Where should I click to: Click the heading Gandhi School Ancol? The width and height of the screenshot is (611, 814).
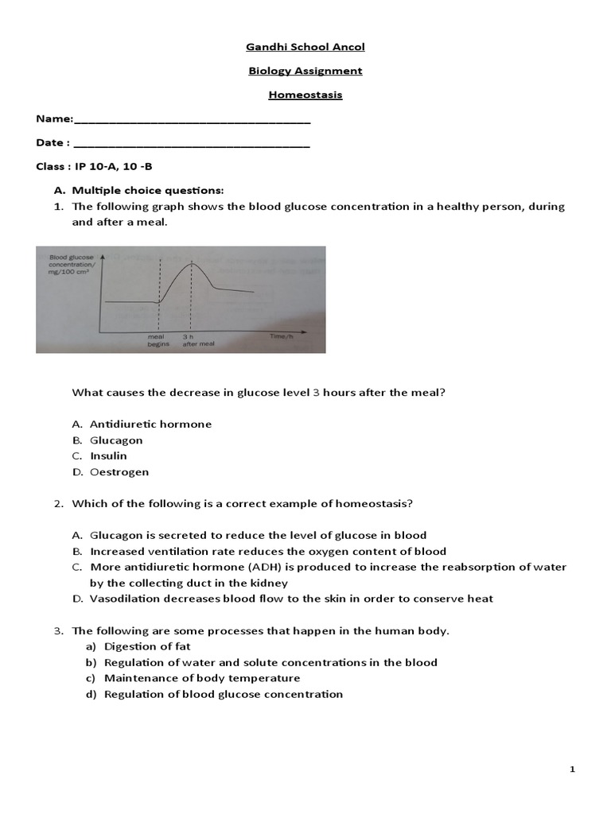[x=305, y=47]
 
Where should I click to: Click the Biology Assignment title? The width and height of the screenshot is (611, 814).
[x=305, y=71]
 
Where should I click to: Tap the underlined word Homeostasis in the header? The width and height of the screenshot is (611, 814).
[x=305, y=95]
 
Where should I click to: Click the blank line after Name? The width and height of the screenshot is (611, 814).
[x=191, y=120]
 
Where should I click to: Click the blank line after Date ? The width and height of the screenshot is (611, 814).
[x=191, y=144]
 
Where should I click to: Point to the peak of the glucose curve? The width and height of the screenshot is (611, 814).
[x=190, y=263]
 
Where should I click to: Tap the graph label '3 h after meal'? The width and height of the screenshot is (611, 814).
[x=194, y=340]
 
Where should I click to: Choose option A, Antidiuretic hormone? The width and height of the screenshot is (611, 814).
[x=150, y=424]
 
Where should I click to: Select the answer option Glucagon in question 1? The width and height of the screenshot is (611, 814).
[x=116, y=440]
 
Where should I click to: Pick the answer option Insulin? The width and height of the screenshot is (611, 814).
[x=108, y=456]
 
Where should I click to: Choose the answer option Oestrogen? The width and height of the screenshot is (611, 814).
[x=119, y=472]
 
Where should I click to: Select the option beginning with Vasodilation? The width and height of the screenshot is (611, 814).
[x=291, y=599]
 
